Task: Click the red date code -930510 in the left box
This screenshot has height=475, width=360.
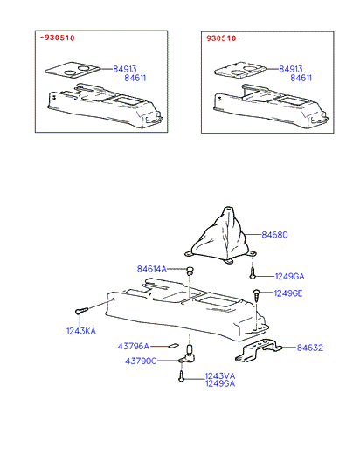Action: [x=58, y=38]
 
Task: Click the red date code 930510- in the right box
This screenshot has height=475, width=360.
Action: [x=224, y=38]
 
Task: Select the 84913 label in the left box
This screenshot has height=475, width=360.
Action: [x=125, y=69]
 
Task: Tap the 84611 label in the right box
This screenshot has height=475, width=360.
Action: [x=301, y=78]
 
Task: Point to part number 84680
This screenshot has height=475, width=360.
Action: [x=274, y=235]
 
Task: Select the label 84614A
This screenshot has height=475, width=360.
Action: [x=152, y=269]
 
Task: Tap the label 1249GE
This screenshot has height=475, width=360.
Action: [x=288, y=293]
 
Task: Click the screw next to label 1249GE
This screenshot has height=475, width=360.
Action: [x=256, y=295]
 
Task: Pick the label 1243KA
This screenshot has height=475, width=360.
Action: [x=81, y=331]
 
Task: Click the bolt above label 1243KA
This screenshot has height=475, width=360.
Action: [x=81, y=311]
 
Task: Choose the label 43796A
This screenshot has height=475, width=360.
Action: [x=134, y=346]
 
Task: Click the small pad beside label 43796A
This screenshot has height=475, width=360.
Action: [x=174, y=345]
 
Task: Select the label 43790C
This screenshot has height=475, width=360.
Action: [x=141, y=361]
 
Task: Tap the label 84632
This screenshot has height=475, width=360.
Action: [x=310, y=348]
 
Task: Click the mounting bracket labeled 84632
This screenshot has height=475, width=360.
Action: [x=258, y=351]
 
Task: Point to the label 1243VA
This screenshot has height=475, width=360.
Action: [x=220, y=376]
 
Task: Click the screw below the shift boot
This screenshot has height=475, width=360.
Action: [x=253, y=272]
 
